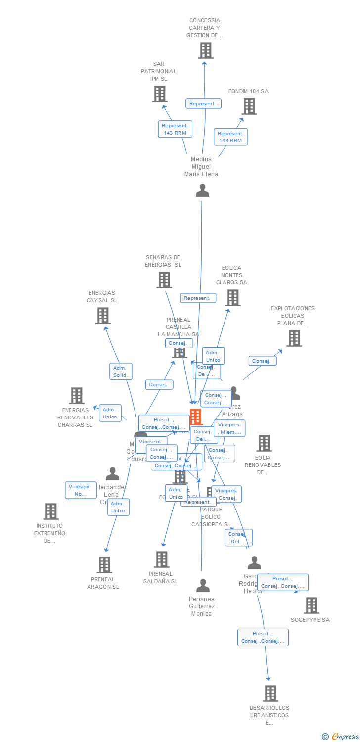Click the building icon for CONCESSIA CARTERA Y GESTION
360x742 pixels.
[206, 50]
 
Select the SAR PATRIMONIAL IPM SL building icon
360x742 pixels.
[160, 94]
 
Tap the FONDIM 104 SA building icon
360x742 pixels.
[249, 106]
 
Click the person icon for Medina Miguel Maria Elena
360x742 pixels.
[202, 190]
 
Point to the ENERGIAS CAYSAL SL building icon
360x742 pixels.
[103, 316]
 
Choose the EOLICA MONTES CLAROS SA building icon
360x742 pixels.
[233, 298]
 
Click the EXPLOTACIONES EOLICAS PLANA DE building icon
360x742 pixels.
[294, 338]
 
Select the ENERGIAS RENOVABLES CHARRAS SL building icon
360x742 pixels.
[77, 396]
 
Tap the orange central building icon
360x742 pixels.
[196, 417]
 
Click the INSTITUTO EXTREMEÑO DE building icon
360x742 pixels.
[51, 511]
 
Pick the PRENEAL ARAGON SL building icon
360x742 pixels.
[104, 565]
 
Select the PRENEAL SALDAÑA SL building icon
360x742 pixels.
[162, 559]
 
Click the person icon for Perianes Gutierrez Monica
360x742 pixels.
[203, 586]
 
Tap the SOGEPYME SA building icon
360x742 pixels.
[312, 605]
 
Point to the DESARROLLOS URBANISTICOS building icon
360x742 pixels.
[270, 694]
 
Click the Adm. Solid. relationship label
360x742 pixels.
[120, 371]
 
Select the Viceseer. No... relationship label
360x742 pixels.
[81, 490]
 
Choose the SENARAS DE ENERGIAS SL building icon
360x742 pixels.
[164, 280]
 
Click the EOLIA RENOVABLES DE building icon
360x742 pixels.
[264, 443]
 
